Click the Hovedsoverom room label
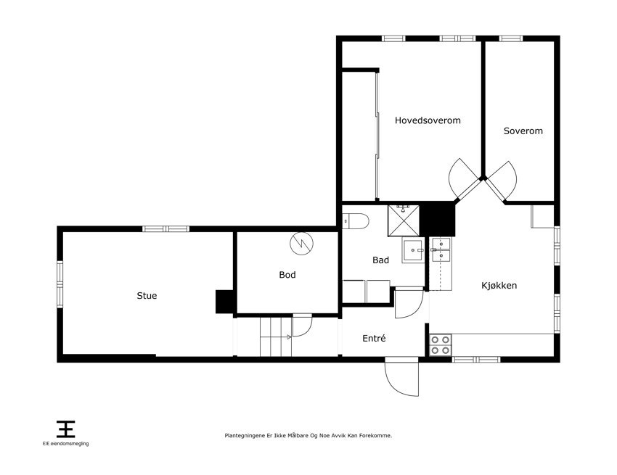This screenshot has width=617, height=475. tap(428, 120)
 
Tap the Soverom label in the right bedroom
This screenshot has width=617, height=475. tap(523, 131)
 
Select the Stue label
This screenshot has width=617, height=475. tap(147, 296)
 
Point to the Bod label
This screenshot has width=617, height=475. tap(287, 275)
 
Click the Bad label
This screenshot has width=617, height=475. tap(380, 260)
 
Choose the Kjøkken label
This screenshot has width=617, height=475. tap(499, 286)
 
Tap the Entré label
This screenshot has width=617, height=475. tap(374, 338)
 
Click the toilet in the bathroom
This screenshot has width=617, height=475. tap(356, 221)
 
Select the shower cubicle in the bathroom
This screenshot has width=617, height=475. tap(404, 220)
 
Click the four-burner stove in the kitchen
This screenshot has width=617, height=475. tap(441, 345)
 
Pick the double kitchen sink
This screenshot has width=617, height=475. tap(441, 249)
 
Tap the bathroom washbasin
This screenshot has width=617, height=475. tap(413, 250)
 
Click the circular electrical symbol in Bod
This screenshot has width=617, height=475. tap(302, 244)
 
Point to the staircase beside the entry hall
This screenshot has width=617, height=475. tap(275, 337)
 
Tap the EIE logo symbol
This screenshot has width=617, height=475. tap(66, 429)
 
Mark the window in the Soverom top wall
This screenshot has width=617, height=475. tap(511, 38)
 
